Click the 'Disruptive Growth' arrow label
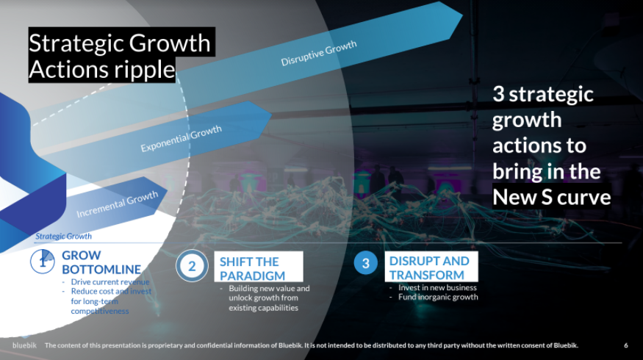coord(319,53)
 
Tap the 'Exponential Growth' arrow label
coord(182,139)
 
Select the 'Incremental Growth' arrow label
coord(118,204)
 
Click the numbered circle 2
coord(192,266)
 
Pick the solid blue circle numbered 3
coord(365,263)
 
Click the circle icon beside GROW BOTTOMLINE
coord(42,262)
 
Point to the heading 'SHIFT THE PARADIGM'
coord(252,269)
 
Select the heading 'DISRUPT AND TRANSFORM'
coord(429,267)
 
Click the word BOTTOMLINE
coord(101,270)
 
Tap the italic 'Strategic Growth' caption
coord(63,236)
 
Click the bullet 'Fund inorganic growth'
coord(438,297)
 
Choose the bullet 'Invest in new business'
coord(437,287)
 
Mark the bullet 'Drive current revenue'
coord(110,281)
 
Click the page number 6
coord(626,345)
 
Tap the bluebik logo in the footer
coord(24,345)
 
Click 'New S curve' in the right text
coord(552,197)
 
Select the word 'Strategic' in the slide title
coord(76,43)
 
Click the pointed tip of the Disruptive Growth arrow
coord(463,16)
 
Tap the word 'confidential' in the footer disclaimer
coord(213,345)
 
